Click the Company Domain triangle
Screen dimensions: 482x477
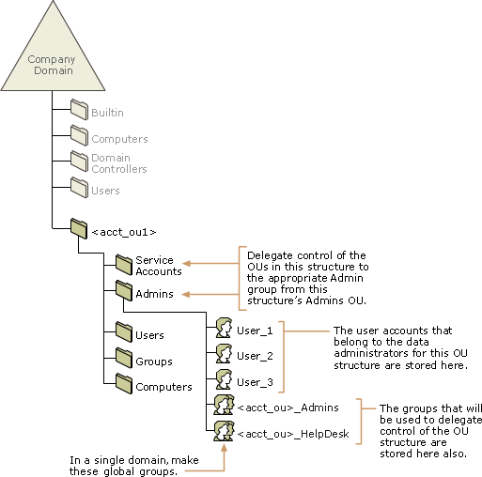(53, 56)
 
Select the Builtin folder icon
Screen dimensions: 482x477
(79, 109)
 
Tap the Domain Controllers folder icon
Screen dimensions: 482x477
(79, 162)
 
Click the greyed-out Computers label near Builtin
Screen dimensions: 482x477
(119, 139)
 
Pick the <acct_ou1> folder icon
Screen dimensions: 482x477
(79, 228)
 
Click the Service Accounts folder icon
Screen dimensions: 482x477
(124, 265)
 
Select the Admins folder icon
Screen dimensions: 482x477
(124, 291)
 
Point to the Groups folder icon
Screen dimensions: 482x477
(124, 358)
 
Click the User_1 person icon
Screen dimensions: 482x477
(224, 328)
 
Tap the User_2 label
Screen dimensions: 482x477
(255, 356)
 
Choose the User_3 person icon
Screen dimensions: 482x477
(224, 379)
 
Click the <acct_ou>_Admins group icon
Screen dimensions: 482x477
(224, 405)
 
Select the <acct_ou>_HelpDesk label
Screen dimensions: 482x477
(293, 434)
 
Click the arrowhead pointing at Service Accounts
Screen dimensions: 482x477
(186, 263)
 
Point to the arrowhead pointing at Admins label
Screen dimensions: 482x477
(186, 294)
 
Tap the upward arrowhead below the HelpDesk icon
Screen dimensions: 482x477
(224, 448)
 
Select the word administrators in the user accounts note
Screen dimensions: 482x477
(371, 353)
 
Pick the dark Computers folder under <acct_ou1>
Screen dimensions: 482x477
(124, 383)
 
